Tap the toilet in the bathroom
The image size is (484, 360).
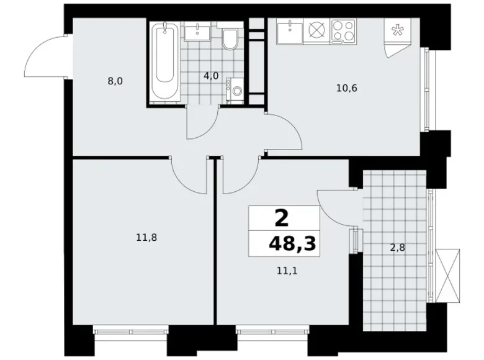coord(229,41)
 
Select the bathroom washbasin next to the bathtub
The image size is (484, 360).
coord(198,33)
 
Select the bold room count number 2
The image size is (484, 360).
coord(282,218)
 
